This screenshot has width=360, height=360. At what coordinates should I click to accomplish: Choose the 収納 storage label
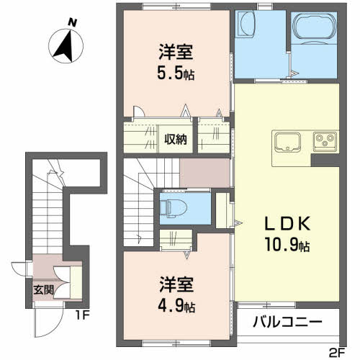coord(176,138)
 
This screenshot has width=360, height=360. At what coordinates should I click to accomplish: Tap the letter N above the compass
coord(72,22)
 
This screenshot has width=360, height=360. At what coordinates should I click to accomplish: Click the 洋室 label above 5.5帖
coord(176,53)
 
